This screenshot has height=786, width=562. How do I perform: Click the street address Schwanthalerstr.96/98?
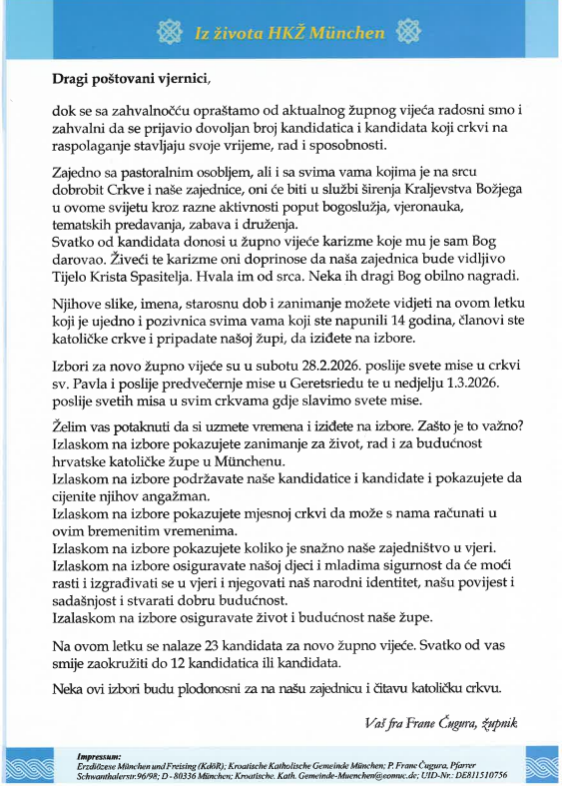(x=111, y=775)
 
